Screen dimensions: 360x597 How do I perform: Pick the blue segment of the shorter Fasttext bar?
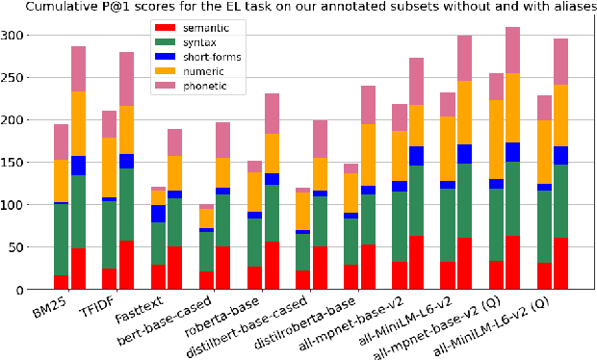tap(157, 214)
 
